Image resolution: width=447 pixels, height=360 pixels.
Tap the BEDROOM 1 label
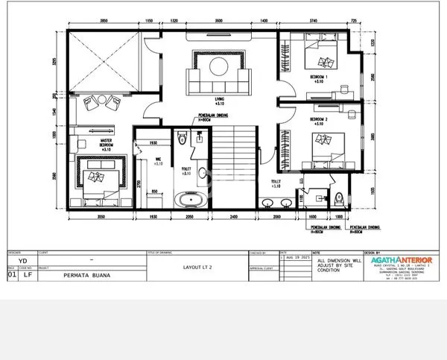[x=319, y=77]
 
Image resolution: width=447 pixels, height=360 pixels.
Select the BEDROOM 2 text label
[x=319, y=119]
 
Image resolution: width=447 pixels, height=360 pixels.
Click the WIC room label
[x=158, y=160]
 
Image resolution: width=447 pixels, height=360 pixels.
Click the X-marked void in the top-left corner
[x=102, y=61]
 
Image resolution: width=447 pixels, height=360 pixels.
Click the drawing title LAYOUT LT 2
[x=197, y=265]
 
